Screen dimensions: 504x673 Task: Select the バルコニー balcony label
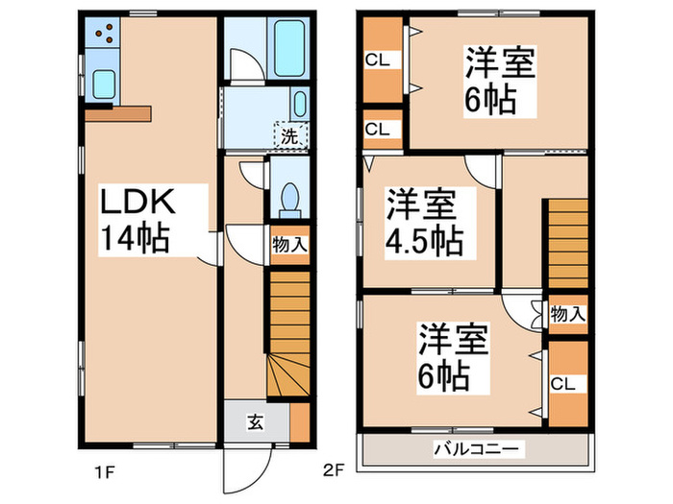(x=475, y=449)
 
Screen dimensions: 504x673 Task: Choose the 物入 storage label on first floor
(x=289, y=245)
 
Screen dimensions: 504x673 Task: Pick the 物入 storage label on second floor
(x=567, y=314)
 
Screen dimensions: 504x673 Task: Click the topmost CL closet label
(x=377, y=60)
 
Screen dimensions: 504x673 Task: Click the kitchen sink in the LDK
(x=103, y=84)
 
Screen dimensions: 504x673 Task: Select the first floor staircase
(x=287, y=336)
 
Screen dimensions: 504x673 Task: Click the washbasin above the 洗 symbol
(x=299, y=103)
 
